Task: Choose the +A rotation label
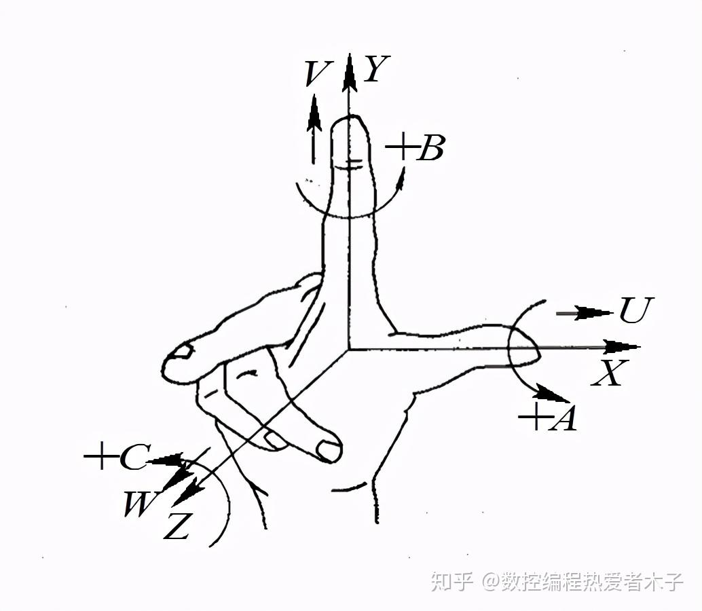pos(548,418)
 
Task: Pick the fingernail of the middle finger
pos(329,449)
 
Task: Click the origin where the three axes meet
pos(349,349)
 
